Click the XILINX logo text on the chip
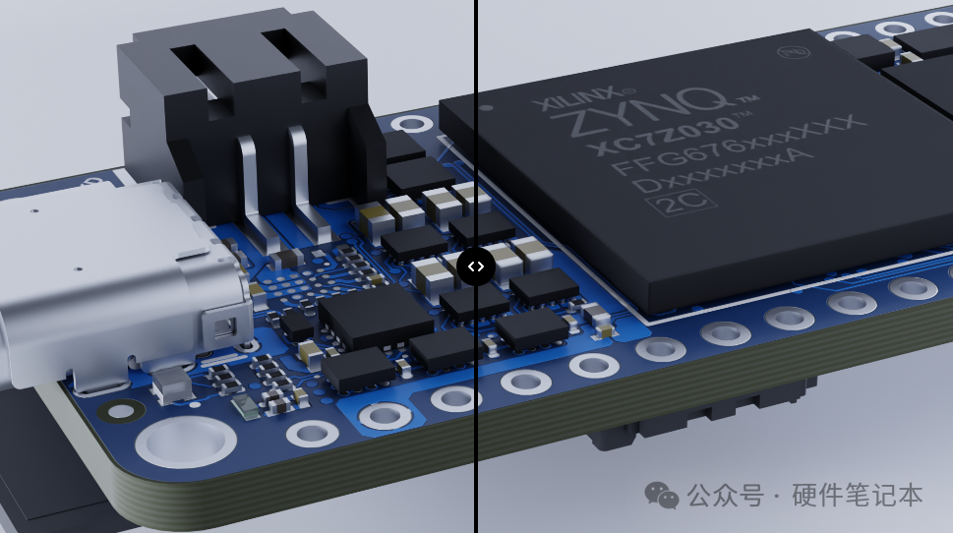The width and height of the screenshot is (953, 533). [x=578, y=99]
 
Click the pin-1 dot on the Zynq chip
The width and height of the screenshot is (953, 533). [x=486, y=109]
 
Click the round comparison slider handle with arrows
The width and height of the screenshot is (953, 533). [x=476, y=266]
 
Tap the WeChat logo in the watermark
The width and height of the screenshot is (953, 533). [x=661, y=496]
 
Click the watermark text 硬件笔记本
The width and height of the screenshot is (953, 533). [x=857, y=496]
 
